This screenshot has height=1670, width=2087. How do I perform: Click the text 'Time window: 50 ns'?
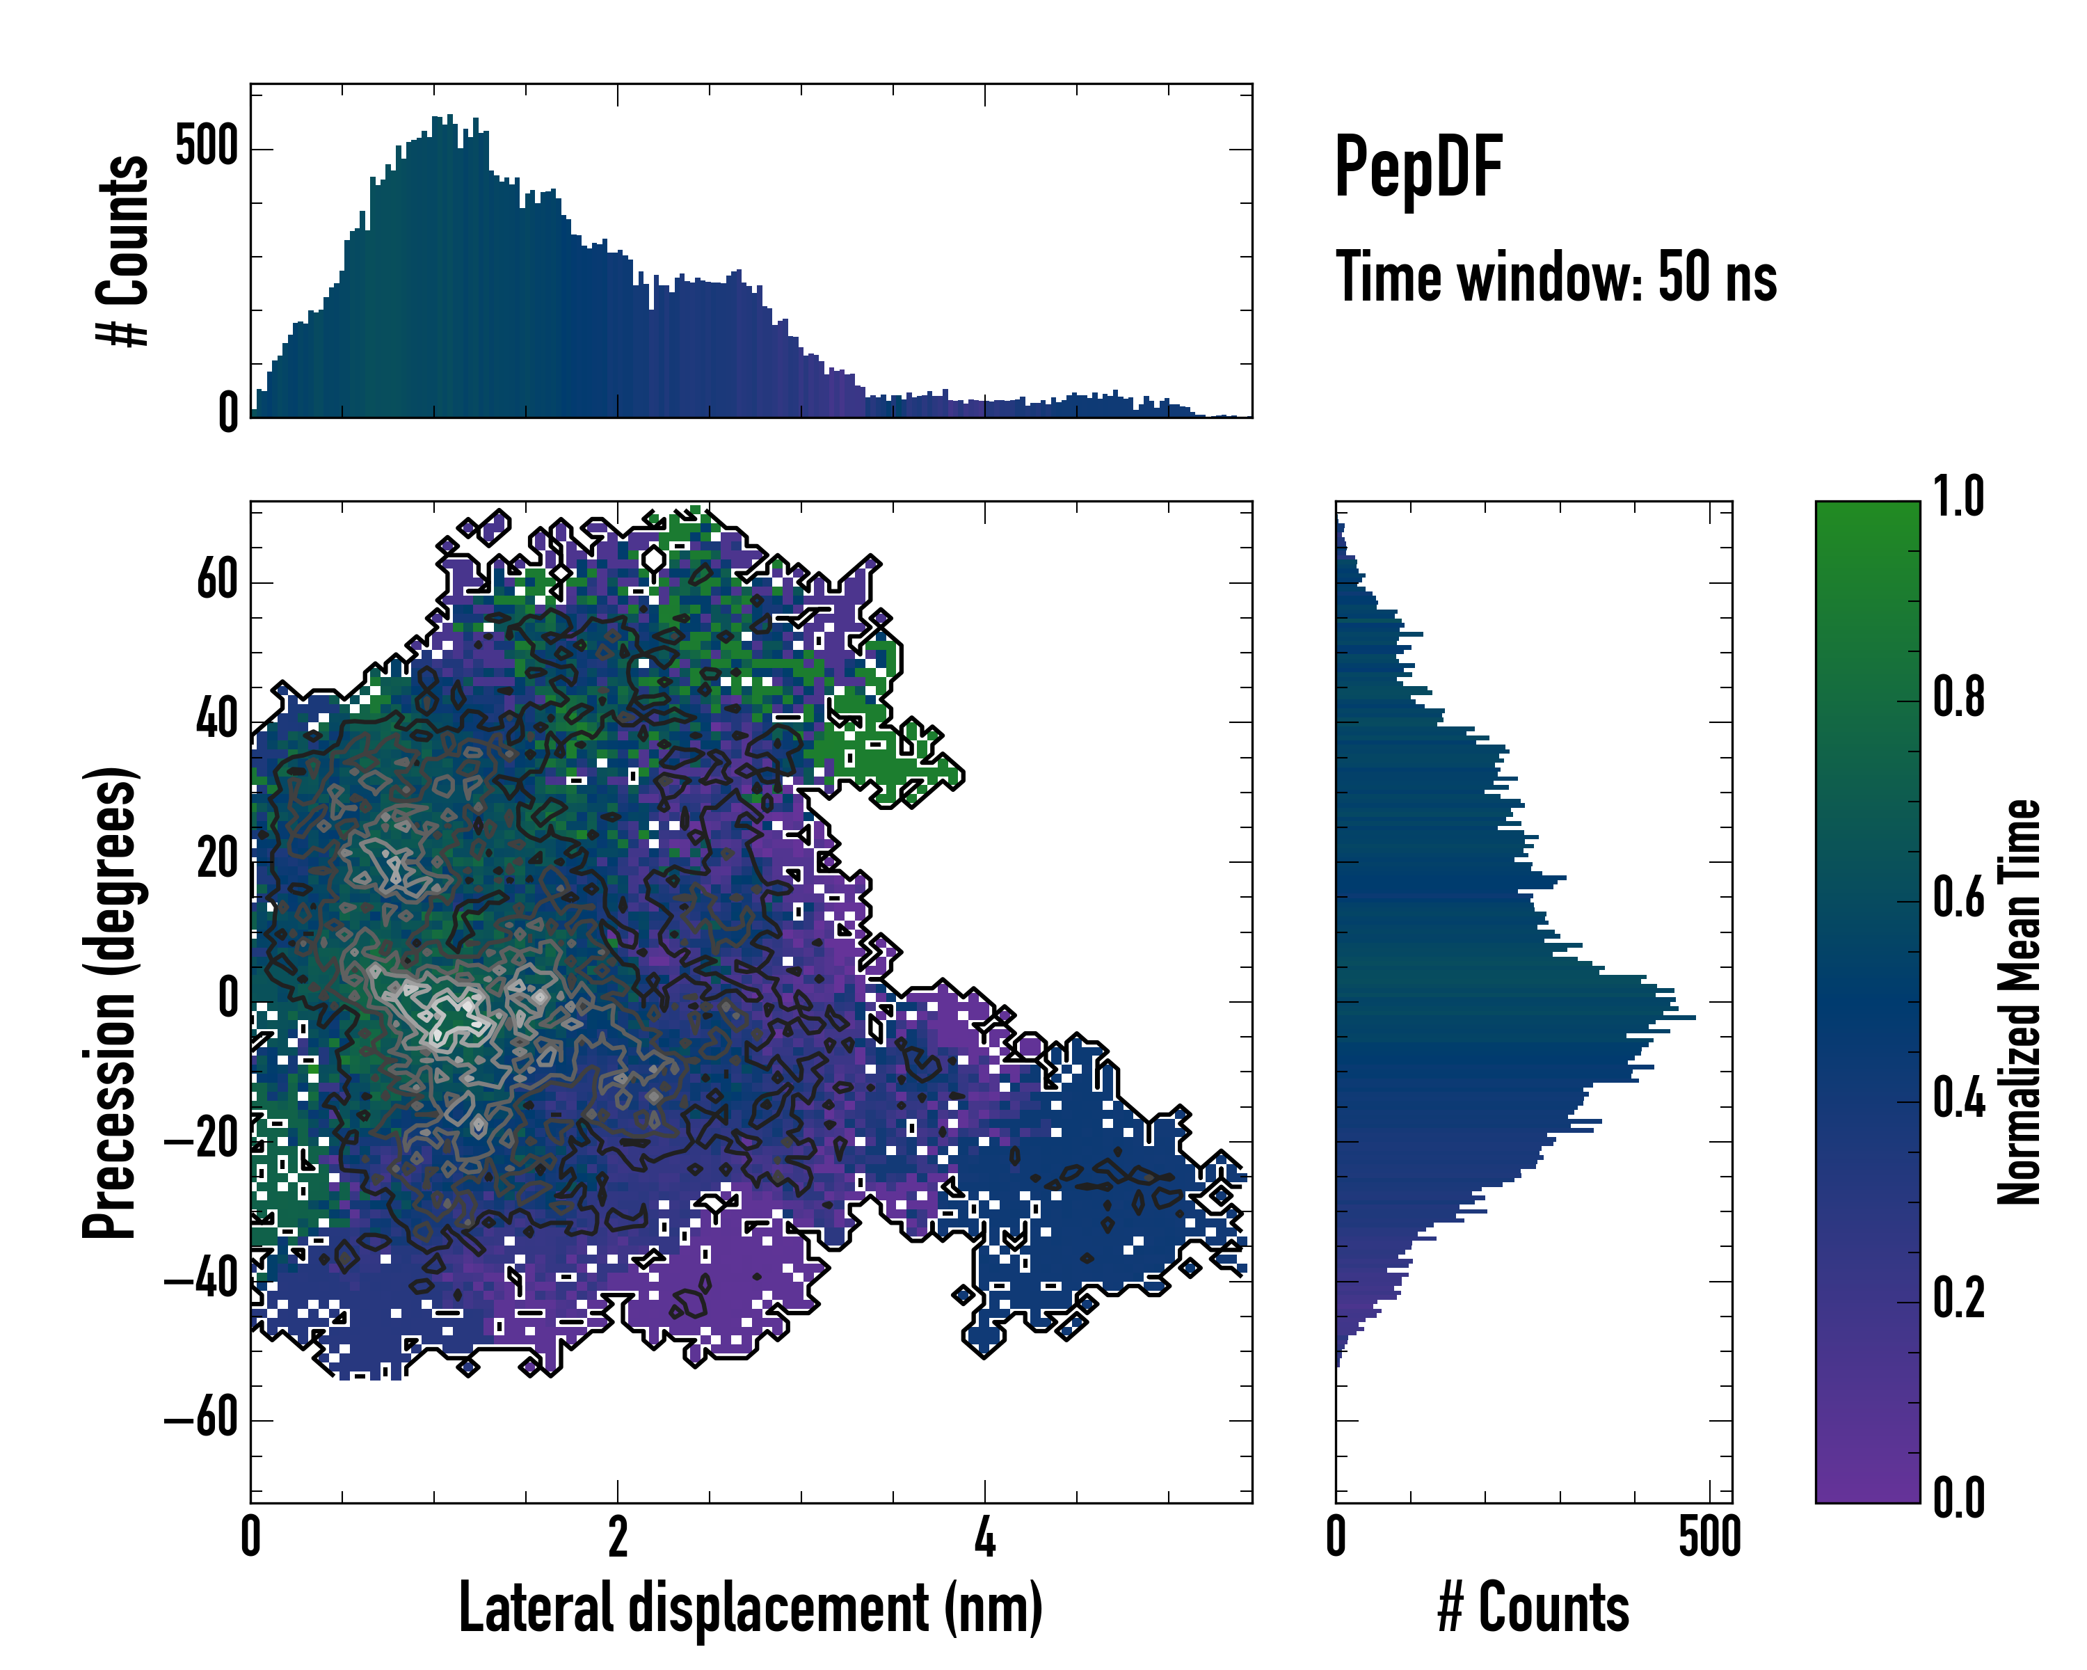pyautogui.click(x=1556, y=278)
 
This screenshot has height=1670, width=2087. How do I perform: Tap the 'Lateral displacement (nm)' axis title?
pyautogui.click(x=750, y=1608)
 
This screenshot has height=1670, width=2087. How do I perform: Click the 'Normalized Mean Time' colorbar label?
pyautogui.click(x=2020, y=1001)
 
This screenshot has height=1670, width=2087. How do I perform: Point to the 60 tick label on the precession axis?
pyautogui.click(x=217, y=581)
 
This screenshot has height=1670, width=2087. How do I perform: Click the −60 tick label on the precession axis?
pyautogui.click(x=200, y=1419)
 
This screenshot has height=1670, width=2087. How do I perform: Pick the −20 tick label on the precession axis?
pyautogui.click(x=200, y=1140)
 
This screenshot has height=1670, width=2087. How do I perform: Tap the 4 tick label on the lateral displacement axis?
pyautogui.click(x=984, y=1536)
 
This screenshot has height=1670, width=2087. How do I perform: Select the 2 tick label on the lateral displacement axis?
pyautogui.click(x=618, y=1536)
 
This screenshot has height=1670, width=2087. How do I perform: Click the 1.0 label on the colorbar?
pyautogui.click(x=1958, y=497)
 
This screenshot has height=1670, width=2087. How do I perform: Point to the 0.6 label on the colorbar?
pyautogui.click(x=1958, y=898)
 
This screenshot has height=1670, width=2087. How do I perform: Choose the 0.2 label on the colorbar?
pyautogui.click(x=1958, y=1298)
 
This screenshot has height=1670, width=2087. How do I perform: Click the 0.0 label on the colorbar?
pyautogui.click(x=1958, y=1497)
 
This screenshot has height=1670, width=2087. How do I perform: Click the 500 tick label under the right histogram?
pyautogui.click(x=1709, y=1536)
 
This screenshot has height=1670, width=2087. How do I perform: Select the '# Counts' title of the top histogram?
pyautogui.click(x=124, y=250)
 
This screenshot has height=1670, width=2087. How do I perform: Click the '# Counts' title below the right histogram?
pyautogui.click(x=1533, y=1608)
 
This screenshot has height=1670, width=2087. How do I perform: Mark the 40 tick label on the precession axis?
pyautogui.click(x=217, y=720)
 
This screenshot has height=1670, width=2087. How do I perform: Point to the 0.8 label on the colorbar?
pyautogui.click(x=1958, y=697)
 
